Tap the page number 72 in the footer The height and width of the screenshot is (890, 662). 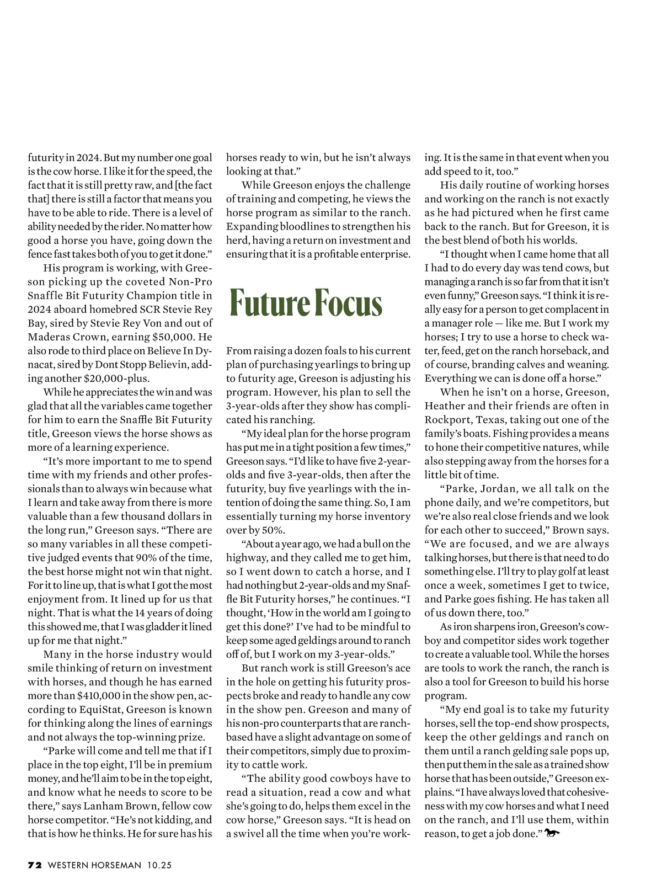tap(35, 866)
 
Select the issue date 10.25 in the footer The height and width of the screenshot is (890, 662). tap(159, 866)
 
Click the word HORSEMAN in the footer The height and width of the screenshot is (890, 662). tap(114, 866)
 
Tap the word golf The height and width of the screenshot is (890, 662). tap(549, 571)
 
